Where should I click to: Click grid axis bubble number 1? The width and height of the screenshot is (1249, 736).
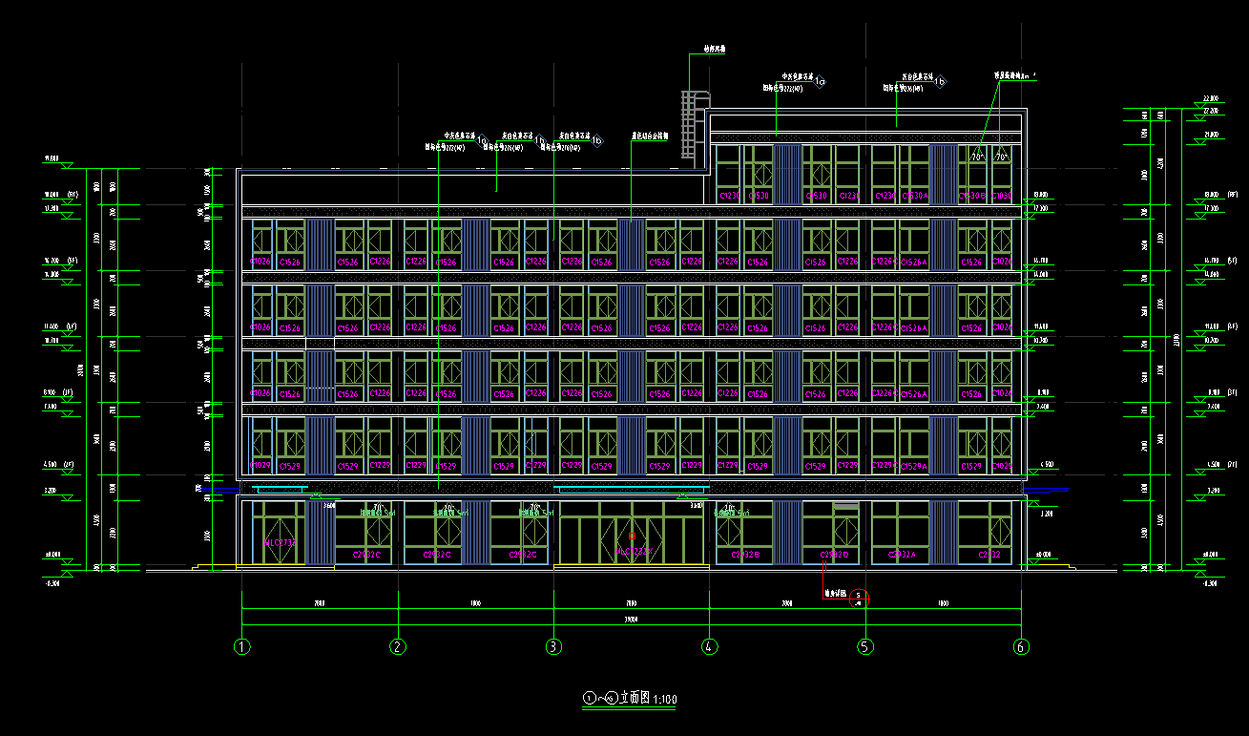[242, 646]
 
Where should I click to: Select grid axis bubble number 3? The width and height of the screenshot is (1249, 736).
[553, 646]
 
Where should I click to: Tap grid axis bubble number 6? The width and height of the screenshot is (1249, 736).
[1021, 646]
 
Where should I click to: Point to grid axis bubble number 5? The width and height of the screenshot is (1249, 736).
[865, 646]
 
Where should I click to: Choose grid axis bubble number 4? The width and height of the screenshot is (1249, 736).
[709, 646]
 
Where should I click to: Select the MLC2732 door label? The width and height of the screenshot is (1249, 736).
[281, 542]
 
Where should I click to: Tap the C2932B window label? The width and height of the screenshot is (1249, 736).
[745, 554]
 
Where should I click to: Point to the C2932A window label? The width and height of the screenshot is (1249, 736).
[902, 554]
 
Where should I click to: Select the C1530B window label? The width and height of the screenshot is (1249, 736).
[972, 196]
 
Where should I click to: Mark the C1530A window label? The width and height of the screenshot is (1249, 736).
[914, 196]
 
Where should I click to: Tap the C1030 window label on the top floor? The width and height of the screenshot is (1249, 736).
[1001, 196]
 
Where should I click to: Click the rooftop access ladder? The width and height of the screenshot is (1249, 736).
[690, 122]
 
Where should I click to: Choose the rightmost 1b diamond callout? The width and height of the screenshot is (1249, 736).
[940, 82]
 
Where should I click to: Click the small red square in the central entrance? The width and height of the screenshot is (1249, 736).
[631, 536]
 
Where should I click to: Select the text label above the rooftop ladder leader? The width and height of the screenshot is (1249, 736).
[714, 47]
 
